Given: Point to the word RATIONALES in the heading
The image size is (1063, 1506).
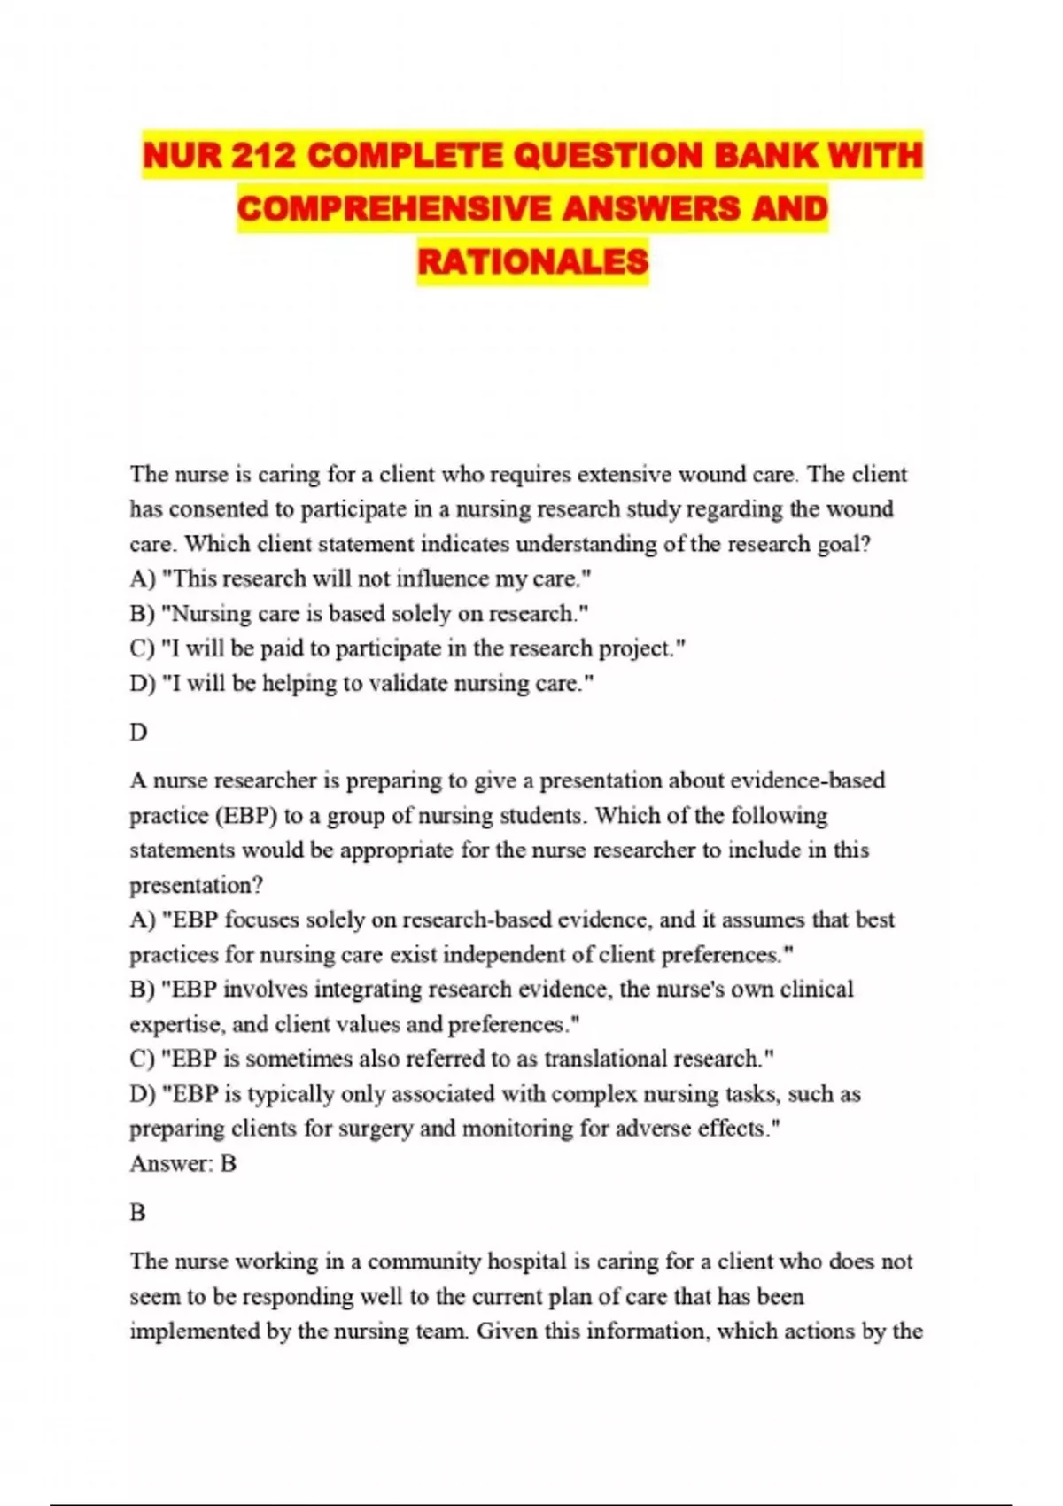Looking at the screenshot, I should click(x=532, y=261).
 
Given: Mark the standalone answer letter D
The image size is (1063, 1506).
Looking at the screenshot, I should click(x=138, y=733).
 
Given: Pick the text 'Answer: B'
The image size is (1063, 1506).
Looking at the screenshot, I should click(x=182, y=1164).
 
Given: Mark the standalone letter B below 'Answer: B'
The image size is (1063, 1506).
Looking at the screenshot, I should click(x=137, y=1213).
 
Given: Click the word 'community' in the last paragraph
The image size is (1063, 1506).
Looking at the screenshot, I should click(x=423, y=1261).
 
